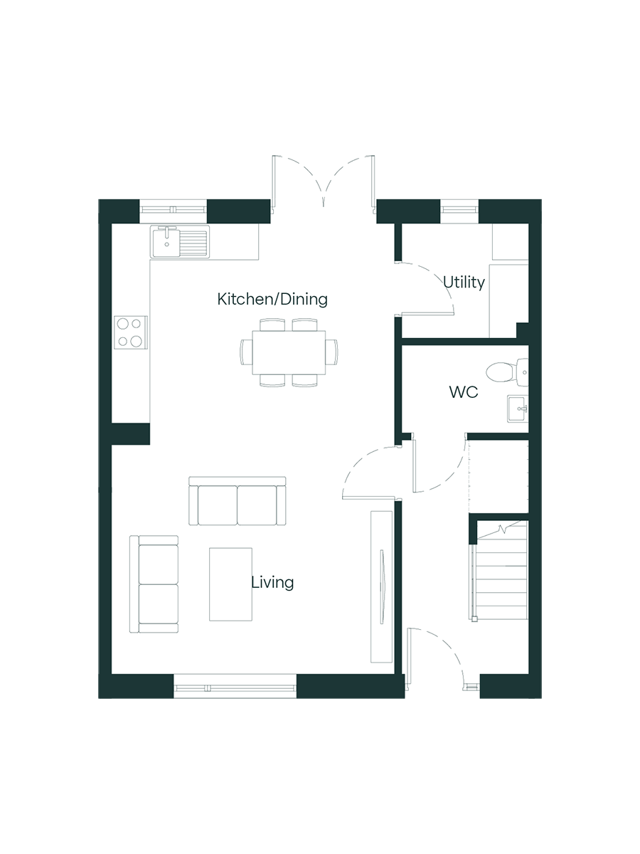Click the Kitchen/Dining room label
(272, 299)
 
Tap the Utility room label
(464, 282)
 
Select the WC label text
(463, 392)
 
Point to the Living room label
(272, 582)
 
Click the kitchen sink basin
(166, 243)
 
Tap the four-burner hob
(131, 332)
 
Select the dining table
(289, 352)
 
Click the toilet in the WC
(507, 372)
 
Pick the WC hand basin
(518, 408)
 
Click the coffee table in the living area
(230, 584)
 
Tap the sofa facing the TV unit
(237, 501)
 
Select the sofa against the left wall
(154, 584)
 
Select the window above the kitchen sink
(173, 210)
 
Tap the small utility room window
(459, 210)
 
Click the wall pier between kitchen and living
(131, 434)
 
